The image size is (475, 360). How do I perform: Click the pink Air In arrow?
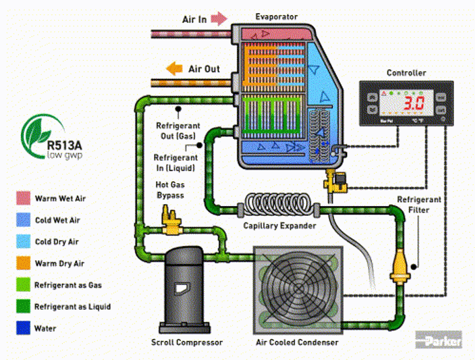pos(219,18)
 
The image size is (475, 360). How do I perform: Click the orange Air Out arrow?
pos(174,68)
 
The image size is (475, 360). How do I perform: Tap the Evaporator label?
pos(277,16)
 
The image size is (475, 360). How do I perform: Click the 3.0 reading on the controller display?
pos(412,103)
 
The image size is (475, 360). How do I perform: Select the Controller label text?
pos(406,72)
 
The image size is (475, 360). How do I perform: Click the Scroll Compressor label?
pos(187,342)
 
